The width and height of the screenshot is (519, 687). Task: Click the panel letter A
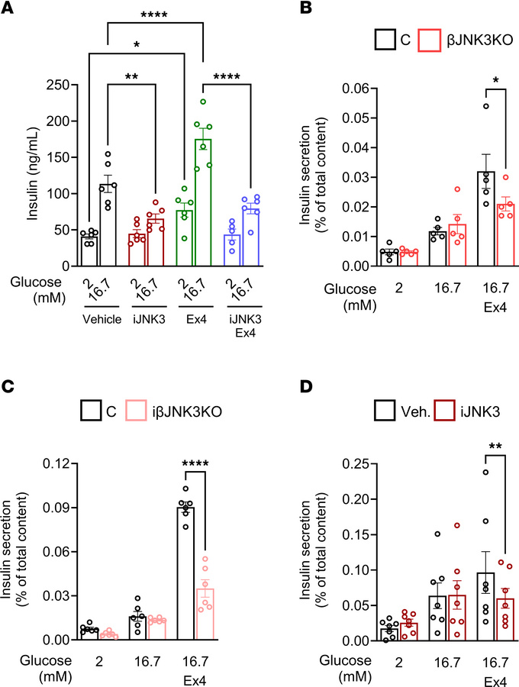tap(8, 8)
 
